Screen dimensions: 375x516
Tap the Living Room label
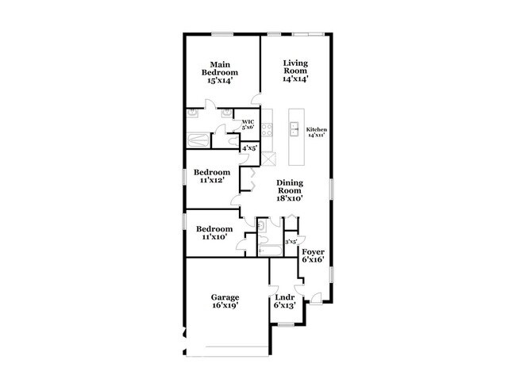click(295, 71)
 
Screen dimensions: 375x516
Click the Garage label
click(225, 297)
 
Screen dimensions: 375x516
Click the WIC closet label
click(248, 122)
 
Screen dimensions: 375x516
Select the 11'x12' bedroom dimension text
click(213, 181)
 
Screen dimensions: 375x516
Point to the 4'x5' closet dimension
click(249, 147)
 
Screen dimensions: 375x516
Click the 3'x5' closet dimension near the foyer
click(291, 242)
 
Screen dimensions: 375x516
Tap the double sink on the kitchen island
click(294, 128)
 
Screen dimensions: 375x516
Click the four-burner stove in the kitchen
click(268, 128)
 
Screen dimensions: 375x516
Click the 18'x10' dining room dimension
click(290, 200)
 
